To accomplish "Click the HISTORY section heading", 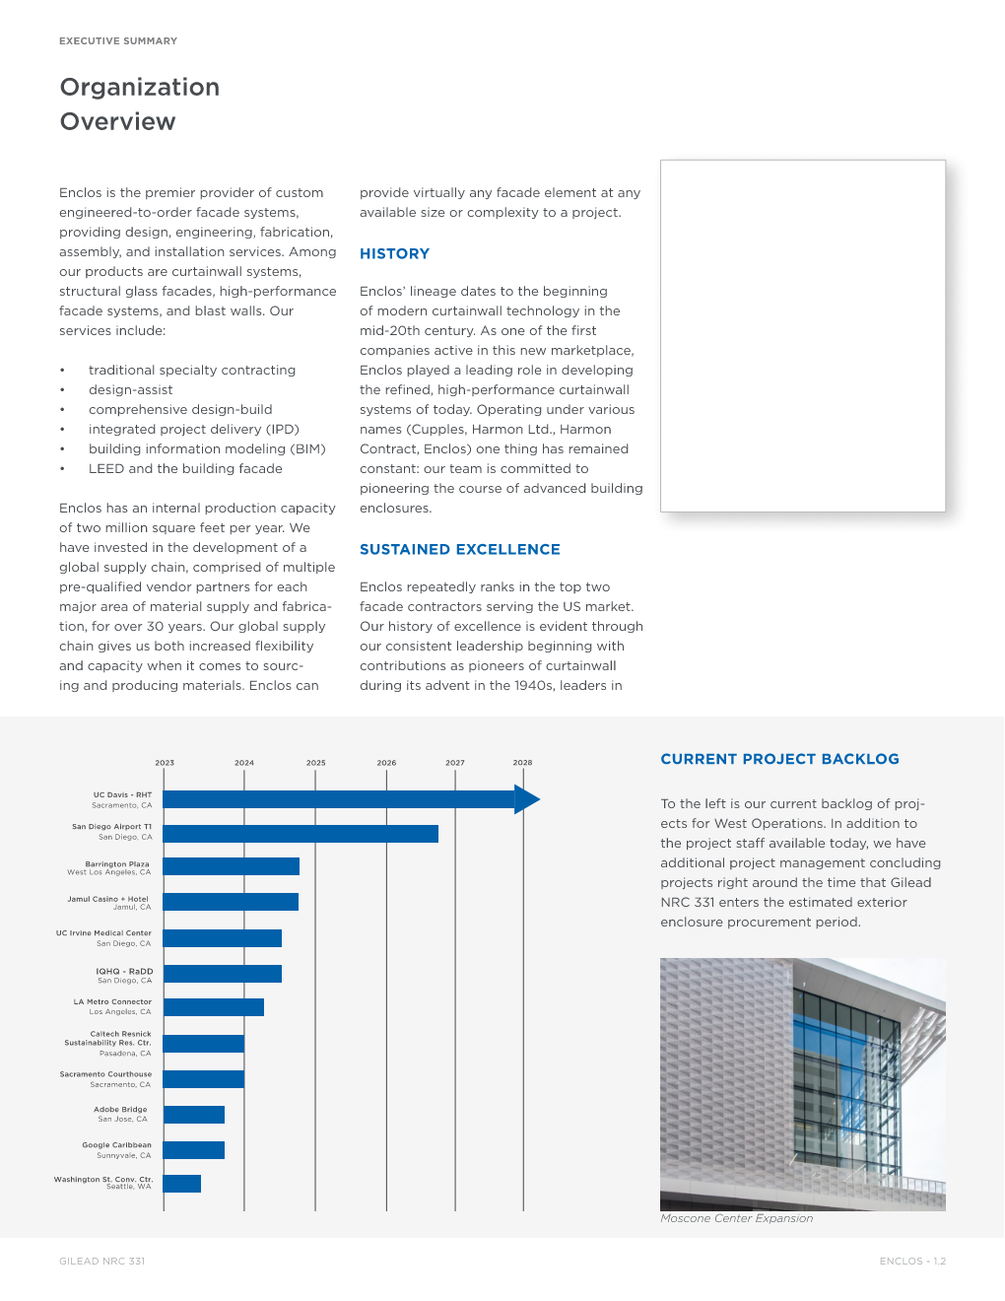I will click(x=394, y=254).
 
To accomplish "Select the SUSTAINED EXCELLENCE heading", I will click(x=459, y=550).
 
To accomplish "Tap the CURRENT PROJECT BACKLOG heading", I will click(x=779, y=759).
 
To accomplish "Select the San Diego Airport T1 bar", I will click(x=301, y=834).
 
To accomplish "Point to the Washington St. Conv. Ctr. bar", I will click(x=182, y=1184).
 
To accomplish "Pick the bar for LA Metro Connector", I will click(x=214, y=1007).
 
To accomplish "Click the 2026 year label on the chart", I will click(x=386, y=763).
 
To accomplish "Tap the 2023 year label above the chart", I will click(x=165, y=763).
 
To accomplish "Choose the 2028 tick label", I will click(x=522, y=763).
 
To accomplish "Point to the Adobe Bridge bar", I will click(x=194, y=1115).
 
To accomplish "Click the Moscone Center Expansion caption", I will click(x=736, y=1219).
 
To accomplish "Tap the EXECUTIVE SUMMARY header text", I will click(x=118, y=41).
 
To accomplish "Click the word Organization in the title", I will click(x=140, y=88).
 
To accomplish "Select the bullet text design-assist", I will click(x=130, y=390).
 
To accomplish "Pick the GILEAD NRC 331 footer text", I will click(x=101, y=1262).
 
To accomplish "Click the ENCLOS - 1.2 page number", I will click(x=912, y=1262).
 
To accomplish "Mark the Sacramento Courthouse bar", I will click(x=204, y=1079).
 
